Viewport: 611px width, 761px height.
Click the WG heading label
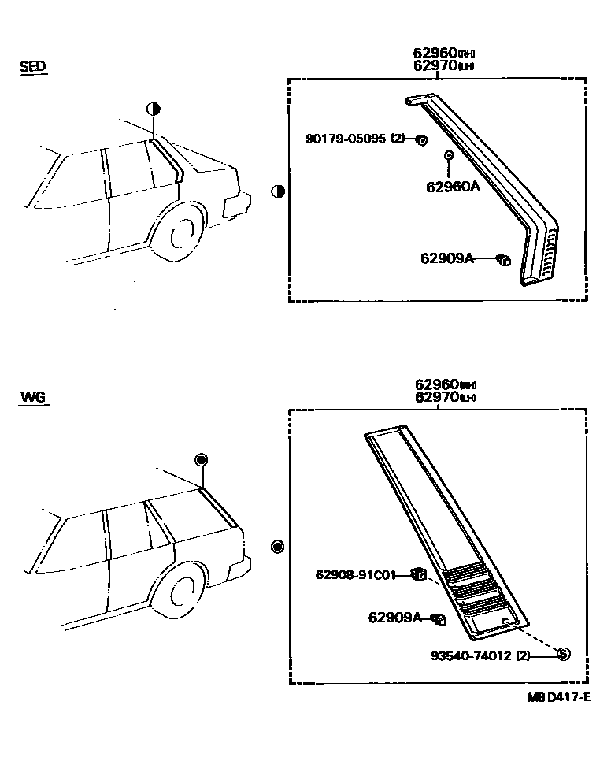point(32,396)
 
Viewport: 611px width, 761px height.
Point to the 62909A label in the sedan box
point(446,258)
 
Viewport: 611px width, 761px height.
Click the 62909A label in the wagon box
point(395,618)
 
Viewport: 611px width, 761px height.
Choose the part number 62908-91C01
point(355,575)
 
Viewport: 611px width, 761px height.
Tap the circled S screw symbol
point(562,653)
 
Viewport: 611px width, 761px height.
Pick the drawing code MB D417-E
point(558,697)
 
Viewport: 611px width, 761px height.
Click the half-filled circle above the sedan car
point(154,109)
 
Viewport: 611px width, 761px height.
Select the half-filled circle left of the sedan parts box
point(277,191)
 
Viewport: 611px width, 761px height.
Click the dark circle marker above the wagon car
point(201,460)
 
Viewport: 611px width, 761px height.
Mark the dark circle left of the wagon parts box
point(276,547)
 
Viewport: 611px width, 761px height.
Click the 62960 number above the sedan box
point(436,54)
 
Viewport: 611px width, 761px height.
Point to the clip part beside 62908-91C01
point(420,575)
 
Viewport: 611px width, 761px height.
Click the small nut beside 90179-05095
point(422,140)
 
